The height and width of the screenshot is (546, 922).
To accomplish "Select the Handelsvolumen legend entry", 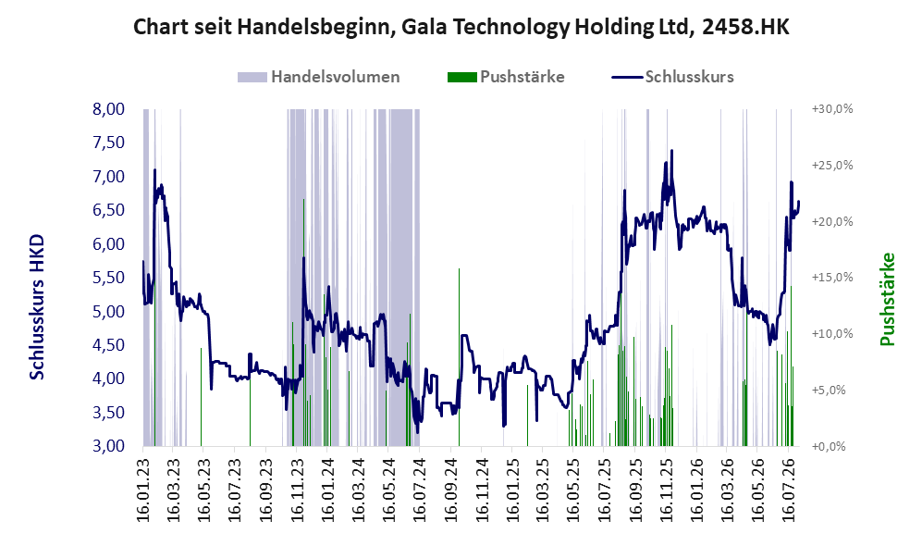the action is click(x=319, y=77).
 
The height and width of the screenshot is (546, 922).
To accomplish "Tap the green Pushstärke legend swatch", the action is click(x=461, y=77).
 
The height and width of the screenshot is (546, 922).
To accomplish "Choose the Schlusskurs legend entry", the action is click(x=672, y=77).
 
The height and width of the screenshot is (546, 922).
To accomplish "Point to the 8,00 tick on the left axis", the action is click(x=109, y=109).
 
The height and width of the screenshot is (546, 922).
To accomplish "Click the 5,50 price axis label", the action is click(x=109, y=278).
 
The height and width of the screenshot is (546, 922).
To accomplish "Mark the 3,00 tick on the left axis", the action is click(x=109, y=446).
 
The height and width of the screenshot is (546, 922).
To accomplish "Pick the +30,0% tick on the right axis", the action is click(x=832, y=109).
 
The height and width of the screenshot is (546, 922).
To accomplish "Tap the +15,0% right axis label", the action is click(x=832, y=278).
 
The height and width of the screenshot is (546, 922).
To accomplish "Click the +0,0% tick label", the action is click(x=829, y=447).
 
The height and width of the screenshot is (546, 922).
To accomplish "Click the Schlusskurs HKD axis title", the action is click(x=37, y=307).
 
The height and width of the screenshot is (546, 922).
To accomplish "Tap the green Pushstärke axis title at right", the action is click(x=887, y=300).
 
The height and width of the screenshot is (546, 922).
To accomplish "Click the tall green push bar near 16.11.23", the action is click(x=303, y=322).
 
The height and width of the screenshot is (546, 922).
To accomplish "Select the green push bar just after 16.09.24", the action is click(x=460, y=357).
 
